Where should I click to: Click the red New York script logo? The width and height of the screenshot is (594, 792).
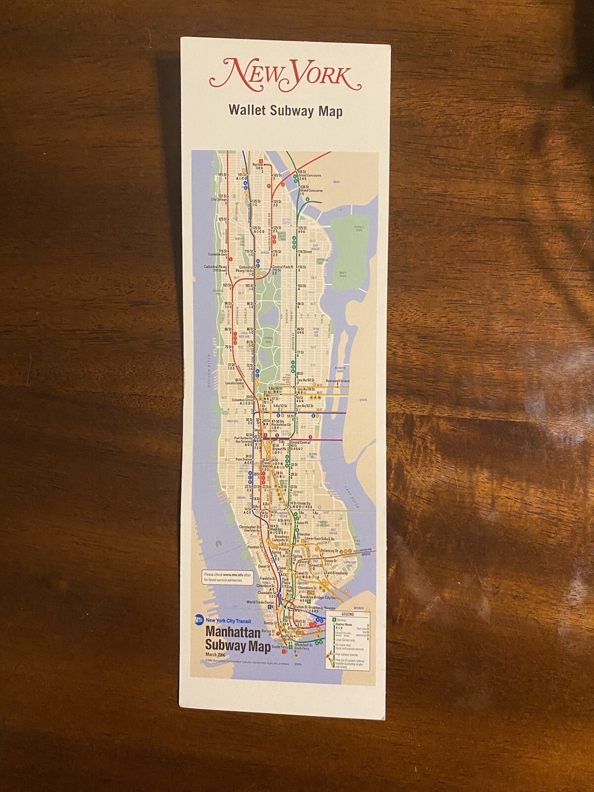(x=285, y=75)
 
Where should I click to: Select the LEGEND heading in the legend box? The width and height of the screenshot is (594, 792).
(x=348, y=614)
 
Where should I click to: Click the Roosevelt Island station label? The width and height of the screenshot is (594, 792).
(x=338, y=381)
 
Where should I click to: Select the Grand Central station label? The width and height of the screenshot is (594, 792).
(x=300, y=442)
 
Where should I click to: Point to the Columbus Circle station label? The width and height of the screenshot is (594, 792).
(x=243, y=400)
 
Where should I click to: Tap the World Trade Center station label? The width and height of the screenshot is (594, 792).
(x=260, y=602)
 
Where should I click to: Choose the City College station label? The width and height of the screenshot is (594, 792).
(x=218, y=199)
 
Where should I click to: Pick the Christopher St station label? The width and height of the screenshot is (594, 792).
(x=249, y=528)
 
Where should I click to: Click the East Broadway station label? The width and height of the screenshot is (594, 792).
(x=336, y=573)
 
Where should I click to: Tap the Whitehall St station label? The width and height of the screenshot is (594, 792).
(x=303, y=645)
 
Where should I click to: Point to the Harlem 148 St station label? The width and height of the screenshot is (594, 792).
(x=258, y=166)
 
